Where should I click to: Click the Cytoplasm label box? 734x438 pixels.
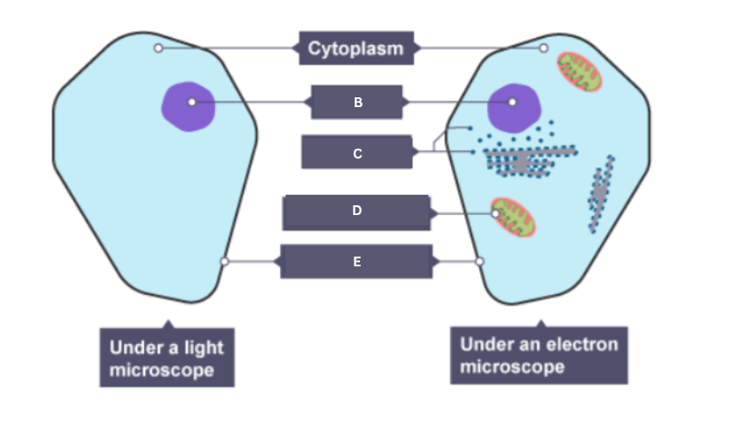point(356,48)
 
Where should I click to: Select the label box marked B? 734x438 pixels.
point(357,103)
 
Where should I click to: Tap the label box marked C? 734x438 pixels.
point(357,153)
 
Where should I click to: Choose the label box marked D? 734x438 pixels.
point(356,212)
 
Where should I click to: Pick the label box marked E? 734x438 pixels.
point(356,262)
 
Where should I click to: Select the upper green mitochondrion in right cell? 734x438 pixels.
point(579,72)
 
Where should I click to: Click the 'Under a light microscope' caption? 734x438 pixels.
point(166,357)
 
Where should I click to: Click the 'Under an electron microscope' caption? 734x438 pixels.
point(539,355)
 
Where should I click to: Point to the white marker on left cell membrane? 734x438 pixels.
point(225,261)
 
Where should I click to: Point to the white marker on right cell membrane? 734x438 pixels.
point(480,261)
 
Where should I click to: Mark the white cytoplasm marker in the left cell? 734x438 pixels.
point(158,48)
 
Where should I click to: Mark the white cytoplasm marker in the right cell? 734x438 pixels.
point(544,48)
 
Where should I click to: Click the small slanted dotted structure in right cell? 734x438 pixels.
point(601,193)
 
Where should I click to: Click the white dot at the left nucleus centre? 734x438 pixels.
point(191,103)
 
